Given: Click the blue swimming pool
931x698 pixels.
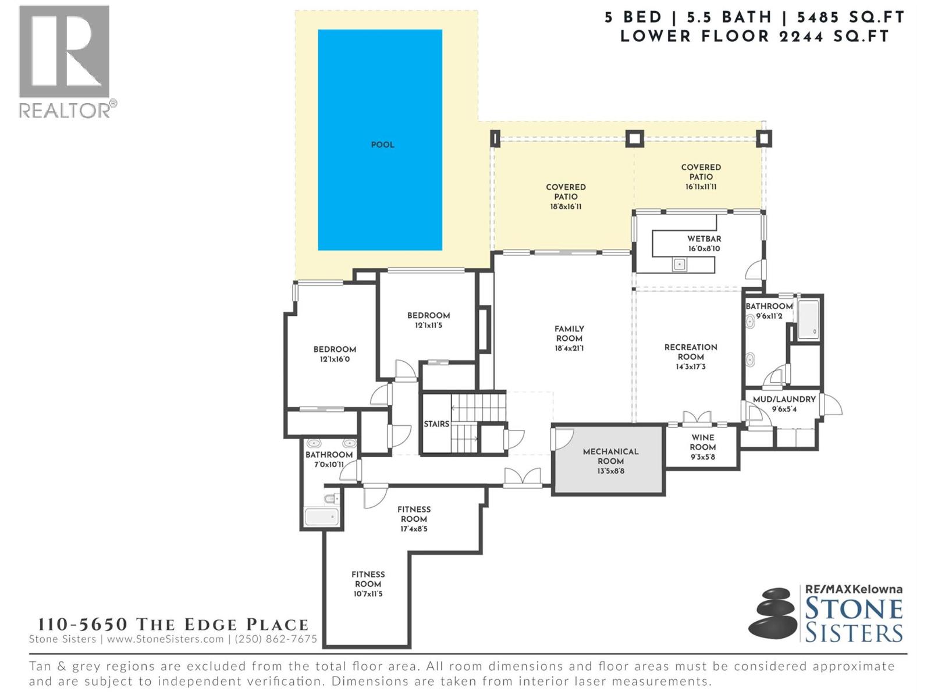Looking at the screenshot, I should pos(379,140).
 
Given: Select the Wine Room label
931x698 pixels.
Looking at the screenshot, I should pos(702,442).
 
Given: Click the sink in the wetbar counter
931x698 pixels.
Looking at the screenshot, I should pos(679,265).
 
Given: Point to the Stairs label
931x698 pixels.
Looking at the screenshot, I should pos(436,424).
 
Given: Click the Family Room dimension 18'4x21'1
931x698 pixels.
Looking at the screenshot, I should pos(568,348).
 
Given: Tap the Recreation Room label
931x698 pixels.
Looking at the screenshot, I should pos(691,352).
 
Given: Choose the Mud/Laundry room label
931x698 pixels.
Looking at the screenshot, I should pos(784,400).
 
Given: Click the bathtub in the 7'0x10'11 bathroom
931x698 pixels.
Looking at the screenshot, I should pos(321,517).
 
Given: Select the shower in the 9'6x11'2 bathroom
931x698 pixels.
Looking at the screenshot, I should pos(808,319).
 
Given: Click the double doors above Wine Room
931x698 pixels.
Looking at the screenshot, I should pos(697,418).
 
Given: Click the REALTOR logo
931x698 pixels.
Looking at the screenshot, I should pos(65,61).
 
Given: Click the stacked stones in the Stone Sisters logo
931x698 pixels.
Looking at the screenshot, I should pos(773,614).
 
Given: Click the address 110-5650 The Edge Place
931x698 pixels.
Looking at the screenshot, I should pos(173,625).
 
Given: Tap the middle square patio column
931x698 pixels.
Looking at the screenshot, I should pos(634,138).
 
